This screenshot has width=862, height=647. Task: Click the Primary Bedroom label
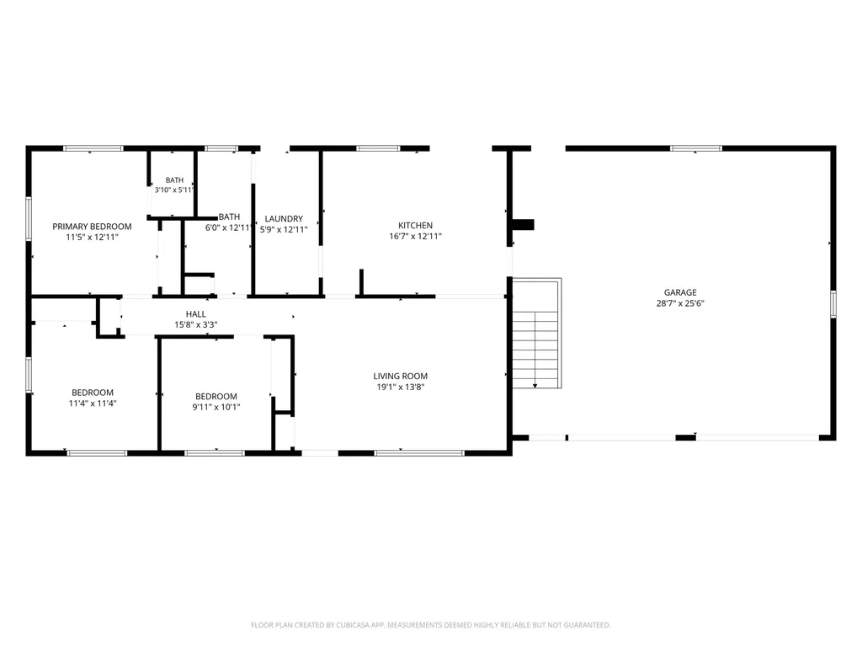point(92,226)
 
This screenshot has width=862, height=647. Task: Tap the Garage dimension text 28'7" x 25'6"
point(680,303)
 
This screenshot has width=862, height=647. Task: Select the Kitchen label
point(415,225)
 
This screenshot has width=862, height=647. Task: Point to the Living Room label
point(400,377)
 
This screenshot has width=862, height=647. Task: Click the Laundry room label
point(284,218)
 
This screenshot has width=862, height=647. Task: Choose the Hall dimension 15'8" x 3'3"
point(195,324)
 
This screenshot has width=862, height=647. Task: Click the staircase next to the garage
point(536,333)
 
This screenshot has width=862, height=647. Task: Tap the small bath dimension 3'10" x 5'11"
point(174,190)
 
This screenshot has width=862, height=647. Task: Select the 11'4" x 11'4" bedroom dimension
point(93,404)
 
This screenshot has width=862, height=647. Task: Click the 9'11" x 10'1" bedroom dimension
point(216,407)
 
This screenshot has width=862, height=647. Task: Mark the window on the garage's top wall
point(695,148)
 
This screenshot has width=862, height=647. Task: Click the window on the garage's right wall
point(833,304)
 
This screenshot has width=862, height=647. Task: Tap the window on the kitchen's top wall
point(378,148)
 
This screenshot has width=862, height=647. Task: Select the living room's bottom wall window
point(419,453)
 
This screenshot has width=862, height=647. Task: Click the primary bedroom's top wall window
point(93,148)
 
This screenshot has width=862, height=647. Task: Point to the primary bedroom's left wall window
point(29,218)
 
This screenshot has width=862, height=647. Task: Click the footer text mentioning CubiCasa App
point(430,625)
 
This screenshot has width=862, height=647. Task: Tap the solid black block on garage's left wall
point(523,224)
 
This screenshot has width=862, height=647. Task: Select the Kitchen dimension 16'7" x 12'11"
point(415,236)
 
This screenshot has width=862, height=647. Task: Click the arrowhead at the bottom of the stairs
point(535,386)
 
